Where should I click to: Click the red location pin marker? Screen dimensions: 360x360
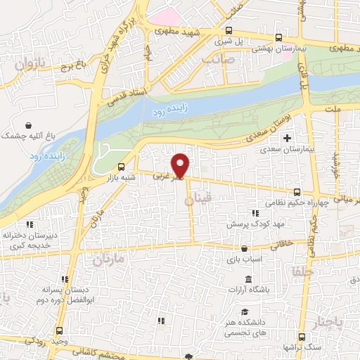(x=181, y=166)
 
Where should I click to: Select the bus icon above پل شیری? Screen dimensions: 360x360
(x=229, y=30)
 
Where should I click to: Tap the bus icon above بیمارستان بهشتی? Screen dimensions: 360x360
(x=280, y=38)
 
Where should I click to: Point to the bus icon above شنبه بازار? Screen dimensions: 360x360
(x=122, y=167)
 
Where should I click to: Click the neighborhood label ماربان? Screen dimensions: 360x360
(x=108, y=259)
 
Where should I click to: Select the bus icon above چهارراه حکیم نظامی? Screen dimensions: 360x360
(x=297, y=191)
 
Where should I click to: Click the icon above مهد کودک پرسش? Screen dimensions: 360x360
(x=255, y=214)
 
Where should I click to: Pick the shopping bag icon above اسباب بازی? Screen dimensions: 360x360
(x=244, y=248)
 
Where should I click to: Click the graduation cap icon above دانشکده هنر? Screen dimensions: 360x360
(x=244, y=311)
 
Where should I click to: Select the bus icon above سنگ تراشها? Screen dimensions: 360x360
(x=301, y=337)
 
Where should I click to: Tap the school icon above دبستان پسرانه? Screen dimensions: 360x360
(x=65, y=278)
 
